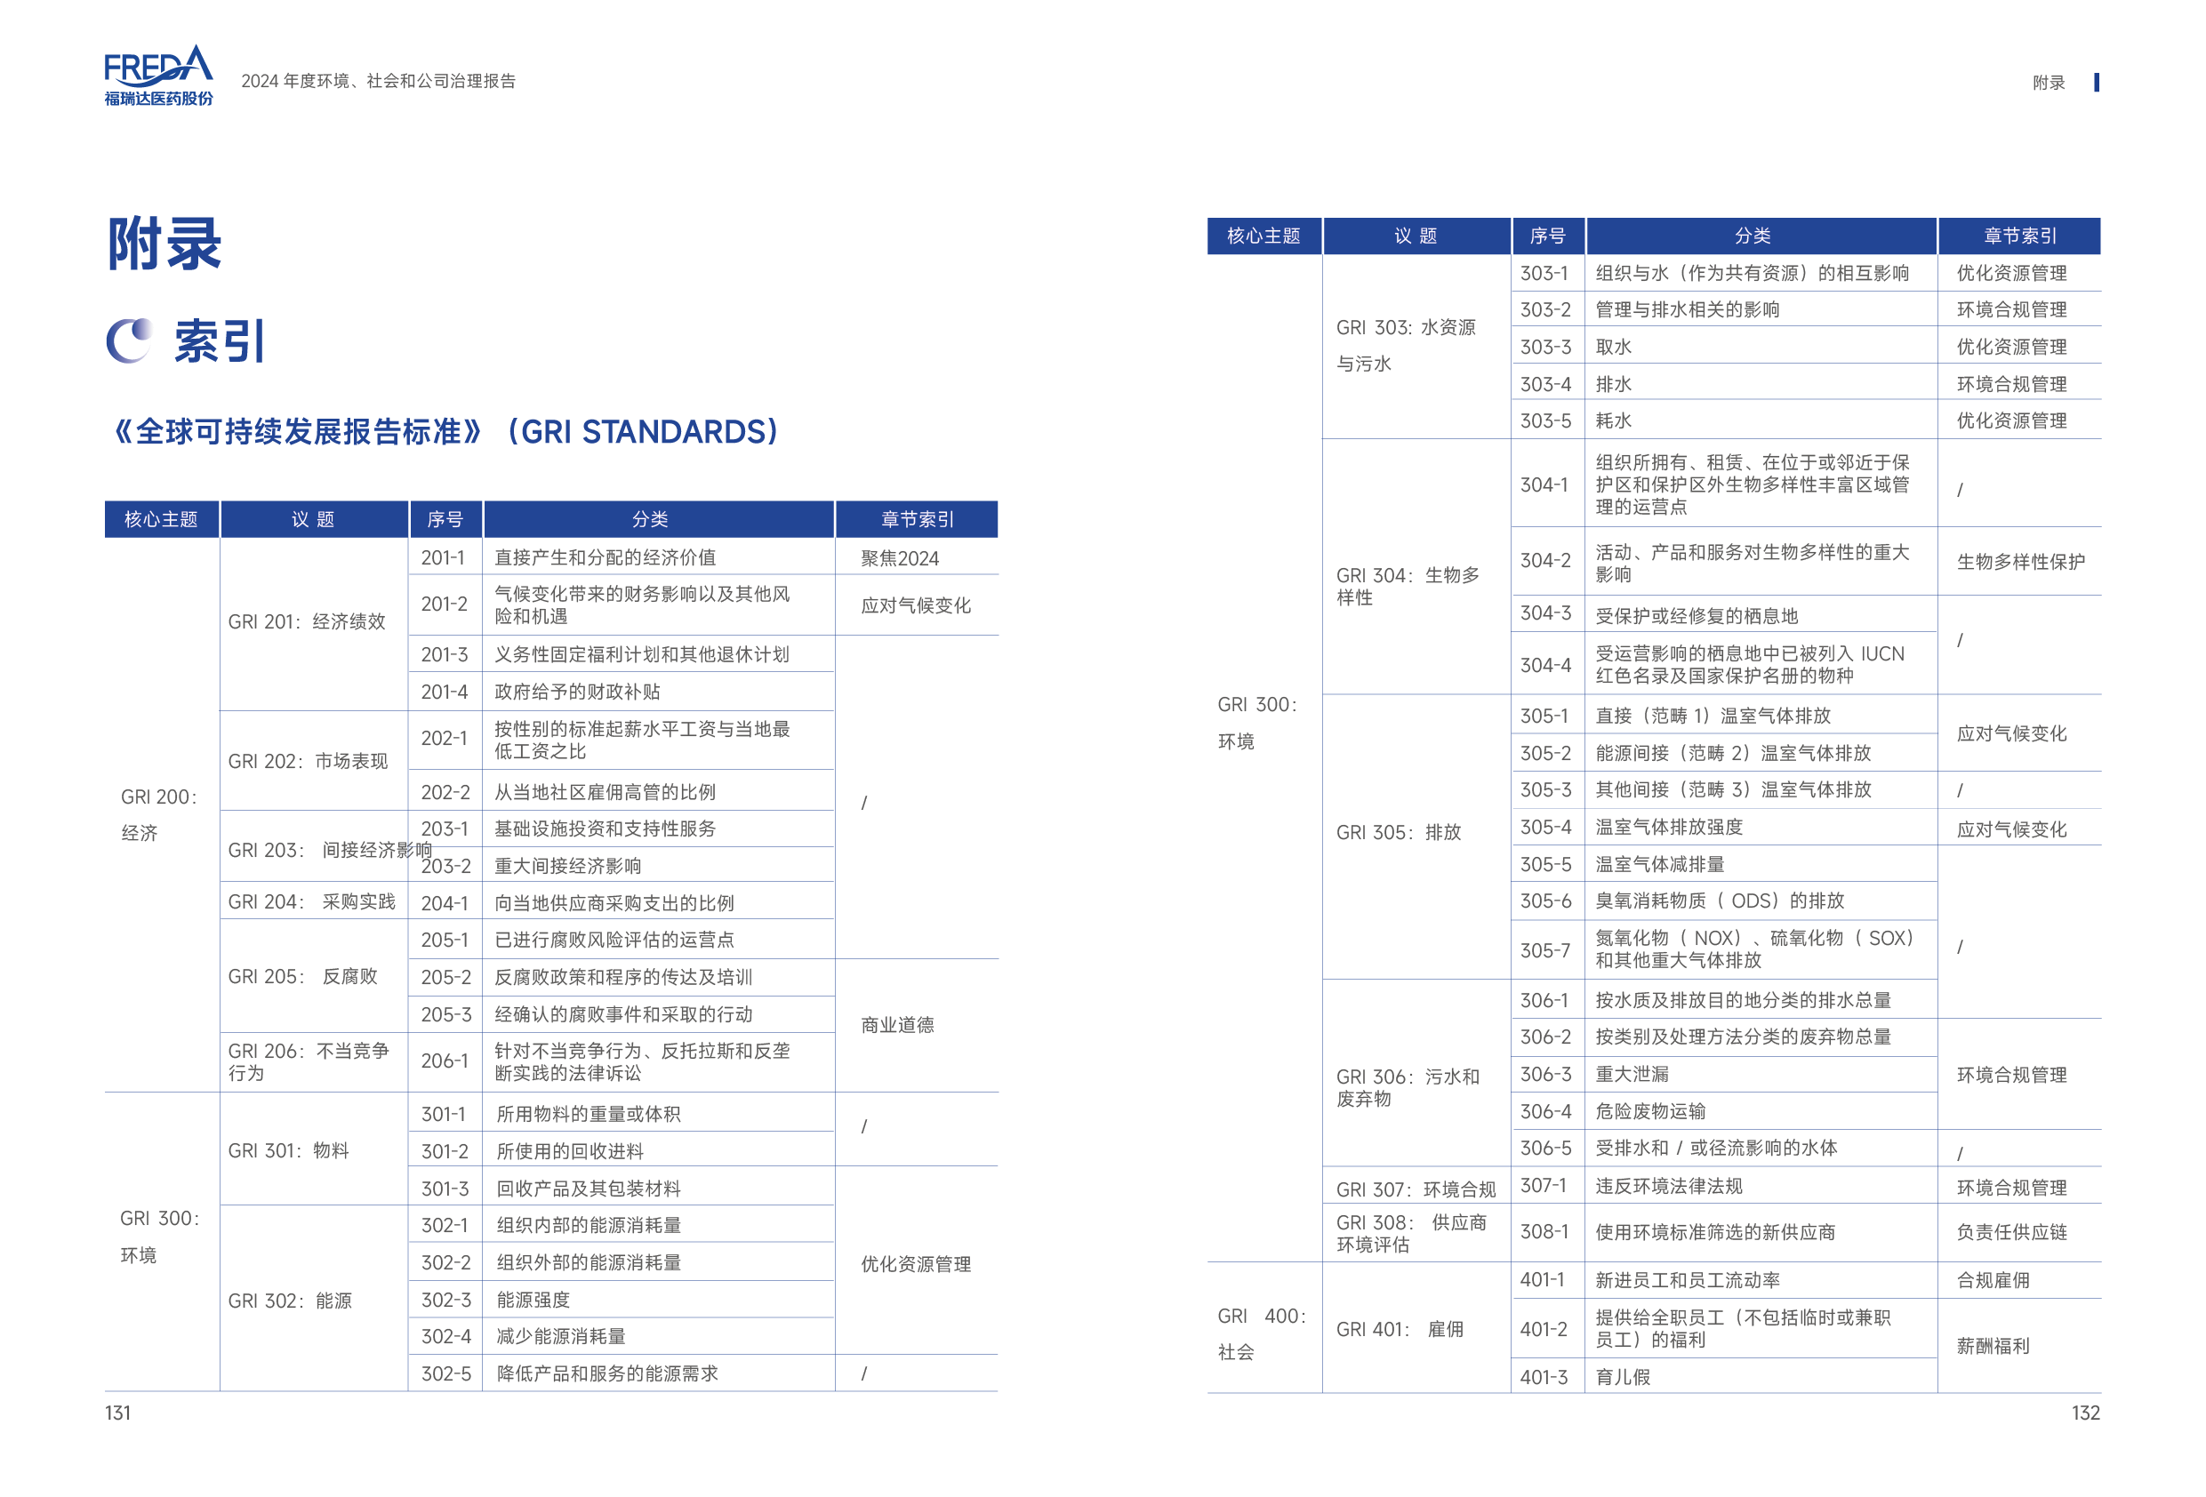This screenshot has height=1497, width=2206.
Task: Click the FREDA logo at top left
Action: (x=158, y=75)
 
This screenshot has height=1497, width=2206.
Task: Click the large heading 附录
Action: (x=164, y=244)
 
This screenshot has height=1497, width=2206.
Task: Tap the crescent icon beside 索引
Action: (x=129, y=340)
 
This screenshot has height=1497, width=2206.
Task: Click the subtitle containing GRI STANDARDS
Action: (x=445, y=432)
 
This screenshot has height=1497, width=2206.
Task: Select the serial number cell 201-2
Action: (x=445, y=604)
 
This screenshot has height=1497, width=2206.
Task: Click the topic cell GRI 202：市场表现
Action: (x=308, y=761)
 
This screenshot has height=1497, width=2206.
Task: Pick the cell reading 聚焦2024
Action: (x=899, y=558)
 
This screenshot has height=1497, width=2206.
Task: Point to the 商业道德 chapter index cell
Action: (x=897, y=1025)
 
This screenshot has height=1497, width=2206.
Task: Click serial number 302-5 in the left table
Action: (x=445, y=1373)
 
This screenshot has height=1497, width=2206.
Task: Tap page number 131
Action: (x=117, y=1413)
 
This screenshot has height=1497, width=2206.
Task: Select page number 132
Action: (x=2085, y=1413)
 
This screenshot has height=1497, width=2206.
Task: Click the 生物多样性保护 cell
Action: (x=2020, y=562)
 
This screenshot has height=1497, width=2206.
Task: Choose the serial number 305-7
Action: (x=1545, y=950)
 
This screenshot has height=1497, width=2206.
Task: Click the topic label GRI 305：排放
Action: (x=1399, y=833)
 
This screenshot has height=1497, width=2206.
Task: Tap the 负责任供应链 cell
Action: (x=2011, y=1232)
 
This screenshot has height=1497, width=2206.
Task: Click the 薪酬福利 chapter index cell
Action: (x=1993, y=1346)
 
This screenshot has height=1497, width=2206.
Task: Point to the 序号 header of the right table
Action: (x=1547, y=236)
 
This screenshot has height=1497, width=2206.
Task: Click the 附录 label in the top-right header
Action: (x=2049, y=83)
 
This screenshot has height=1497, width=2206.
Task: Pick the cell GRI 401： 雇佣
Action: (x=1400, y=1329)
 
